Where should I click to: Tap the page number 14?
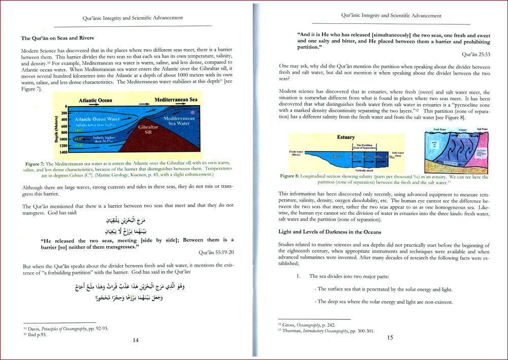(136, 340)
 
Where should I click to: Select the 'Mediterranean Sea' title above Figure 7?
(176, 100)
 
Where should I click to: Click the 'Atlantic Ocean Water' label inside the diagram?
(97, 119)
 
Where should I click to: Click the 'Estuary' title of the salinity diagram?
(346, 137)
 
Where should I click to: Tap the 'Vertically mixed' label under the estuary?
(363, 171)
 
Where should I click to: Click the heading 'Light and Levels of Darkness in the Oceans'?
(330, 232)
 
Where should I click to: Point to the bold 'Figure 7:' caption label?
(34, 164)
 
